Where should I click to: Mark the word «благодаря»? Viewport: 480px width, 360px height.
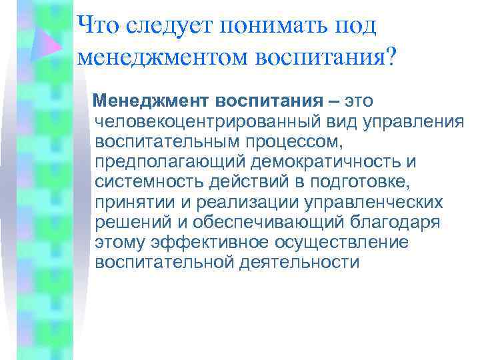(x=387, y=223)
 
